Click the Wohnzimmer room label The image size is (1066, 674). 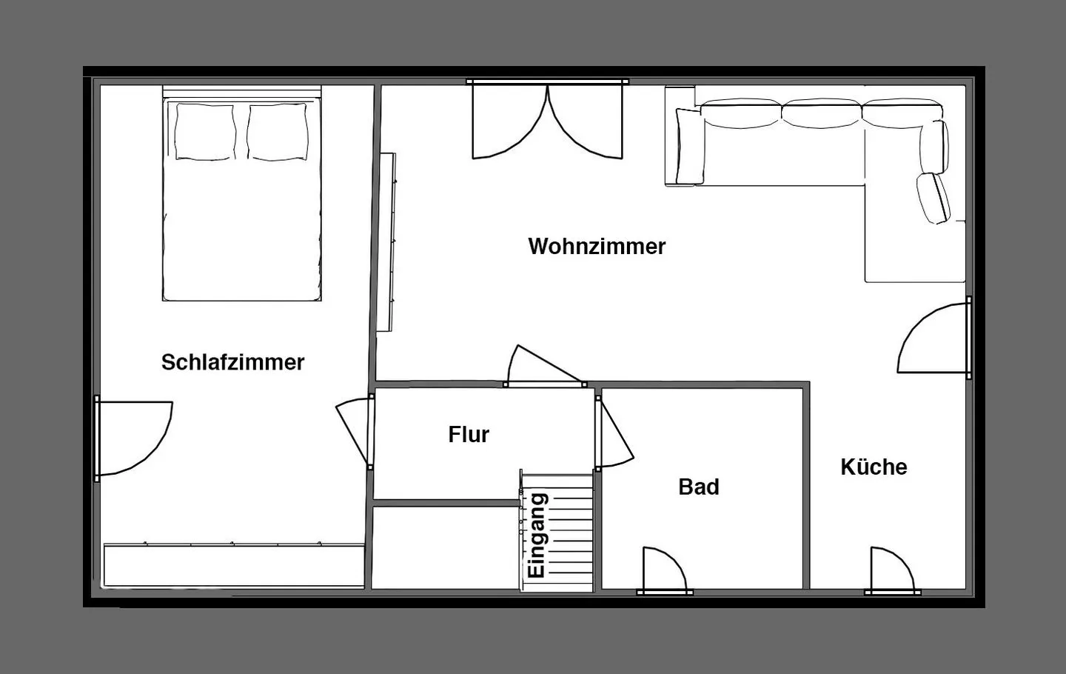pos(597,246)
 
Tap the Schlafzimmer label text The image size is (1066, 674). pos(232,362)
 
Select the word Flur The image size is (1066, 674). pos(469,434)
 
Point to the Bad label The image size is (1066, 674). pos(699,487)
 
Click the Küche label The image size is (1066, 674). pos(874,467)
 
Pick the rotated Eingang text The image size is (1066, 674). pos(537,535)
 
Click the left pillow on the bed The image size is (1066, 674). pos(202,131)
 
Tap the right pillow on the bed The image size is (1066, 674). pos(278,131)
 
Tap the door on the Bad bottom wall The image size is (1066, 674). pos(664,572)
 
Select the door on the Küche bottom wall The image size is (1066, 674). pos(891,572)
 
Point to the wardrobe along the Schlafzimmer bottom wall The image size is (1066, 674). pos(234,566)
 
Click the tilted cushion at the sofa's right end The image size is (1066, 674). pos(933,198)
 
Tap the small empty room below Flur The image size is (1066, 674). pos(444,547)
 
